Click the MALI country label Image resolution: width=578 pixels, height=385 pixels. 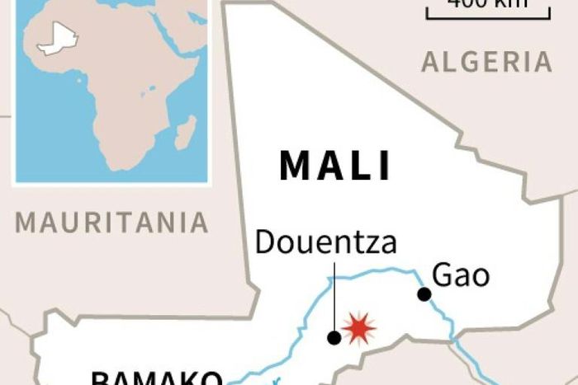[x=335, y=165]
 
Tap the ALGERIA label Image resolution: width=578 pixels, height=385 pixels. [x=486, y=62]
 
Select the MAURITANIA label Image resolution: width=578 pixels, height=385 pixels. [x=112, y=222]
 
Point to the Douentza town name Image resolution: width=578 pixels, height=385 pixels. [x=325, y=242]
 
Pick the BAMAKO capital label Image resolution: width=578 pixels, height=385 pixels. [x=156, y=379]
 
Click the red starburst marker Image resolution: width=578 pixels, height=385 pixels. [x=358, y=328]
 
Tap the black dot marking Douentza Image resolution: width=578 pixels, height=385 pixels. [x=334, y=337]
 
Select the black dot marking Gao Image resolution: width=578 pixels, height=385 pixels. [x=424, y=293]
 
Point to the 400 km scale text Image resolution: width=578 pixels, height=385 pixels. [x=487, y=4]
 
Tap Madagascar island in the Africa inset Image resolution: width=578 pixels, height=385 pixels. [x=186, y=132]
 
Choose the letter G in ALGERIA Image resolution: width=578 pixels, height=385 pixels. [x=468, y=62]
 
